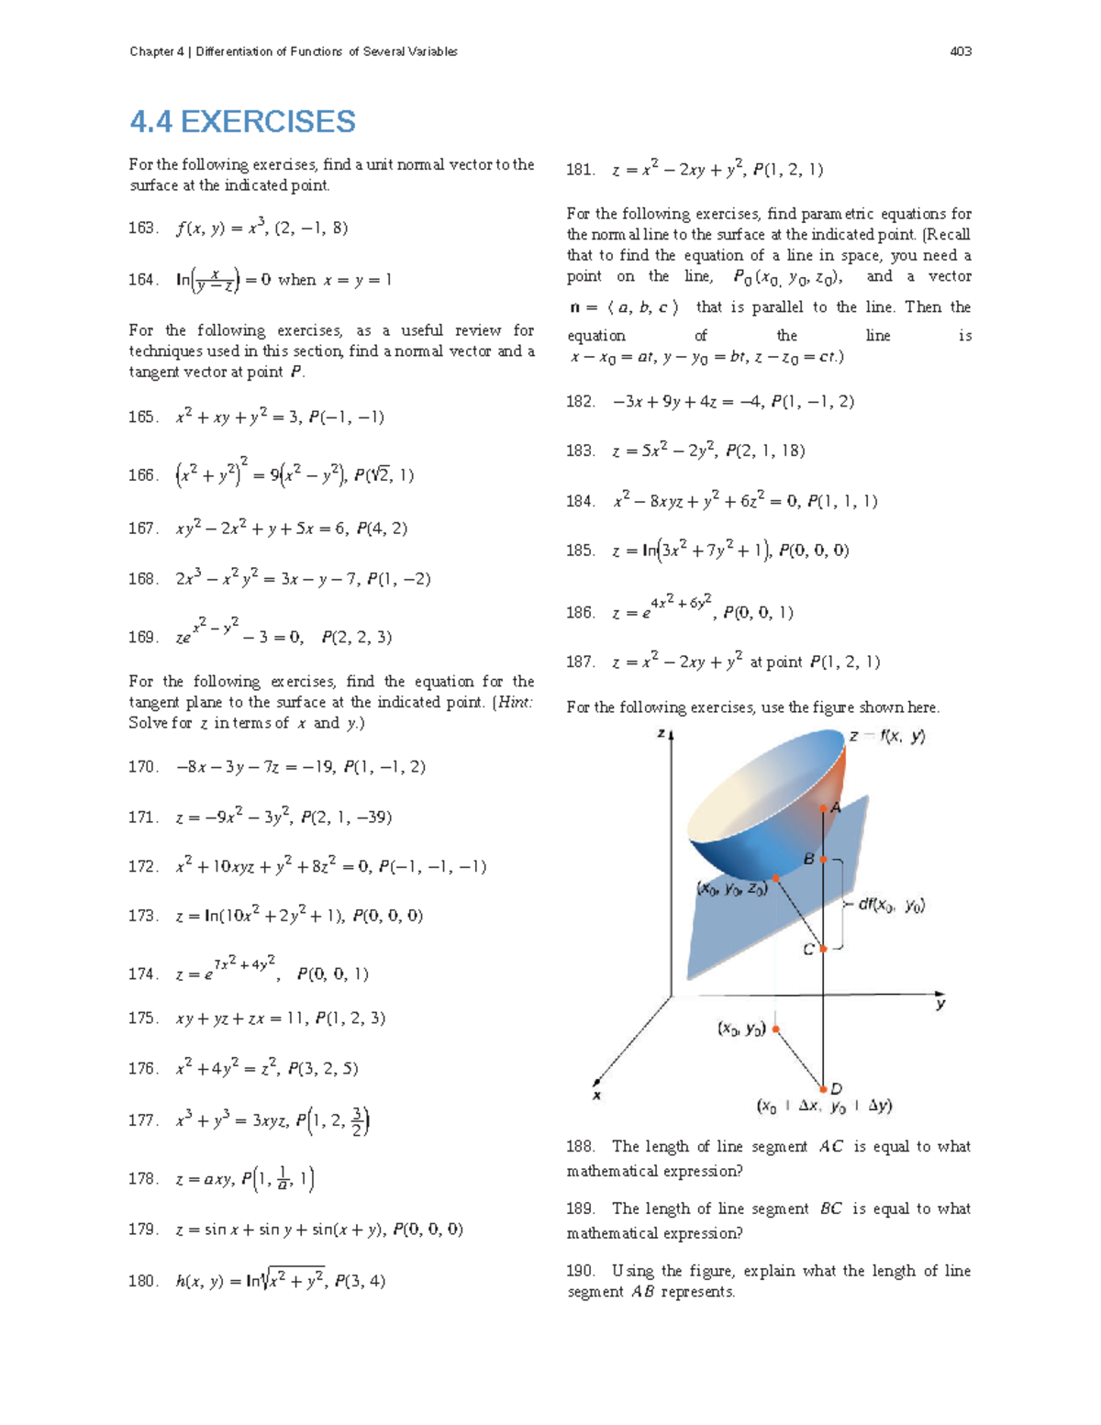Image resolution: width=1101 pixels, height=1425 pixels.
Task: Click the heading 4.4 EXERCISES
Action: pos(242,121)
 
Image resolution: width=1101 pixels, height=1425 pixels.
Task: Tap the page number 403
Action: pos(961,51)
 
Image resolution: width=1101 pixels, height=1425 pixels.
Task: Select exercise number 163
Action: pos(143,228)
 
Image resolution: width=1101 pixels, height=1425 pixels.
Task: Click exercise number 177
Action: pos(143,1120)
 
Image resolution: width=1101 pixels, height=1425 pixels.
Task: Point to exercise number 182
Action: pos(581,401)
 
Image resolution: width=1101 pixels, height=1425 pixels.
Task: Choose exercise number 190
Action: pos(581,1271)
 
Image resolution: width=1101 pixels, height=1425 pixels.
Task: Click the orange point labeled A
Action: pos(824,808)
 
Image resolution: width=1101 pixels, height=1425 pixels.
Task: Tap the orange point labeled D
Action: pos(824,1089)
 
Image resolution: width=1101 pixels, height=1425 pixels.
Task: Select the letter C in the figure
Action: pos(808,950)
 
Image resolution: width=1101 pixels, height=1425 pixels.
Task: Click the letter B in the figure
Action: pos(808,859)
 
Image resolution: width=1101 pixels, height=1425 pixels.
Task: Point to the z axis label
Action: pos(661,733)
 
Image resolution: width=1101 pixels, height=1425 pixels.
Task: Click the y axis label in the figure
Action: pos(940,1005)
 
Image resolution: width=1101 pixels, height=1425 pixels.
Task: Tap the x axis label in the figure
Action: pos(597,1096)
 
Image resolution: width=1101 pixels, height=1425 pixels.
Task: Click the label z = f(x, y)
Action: pos(886,736)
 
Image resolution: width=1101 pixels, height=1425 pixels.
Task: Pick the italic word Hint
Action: pos(515,702)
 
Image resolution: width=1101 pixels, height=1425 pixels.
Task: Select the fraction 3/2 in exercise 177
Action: pos(358,1120)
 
